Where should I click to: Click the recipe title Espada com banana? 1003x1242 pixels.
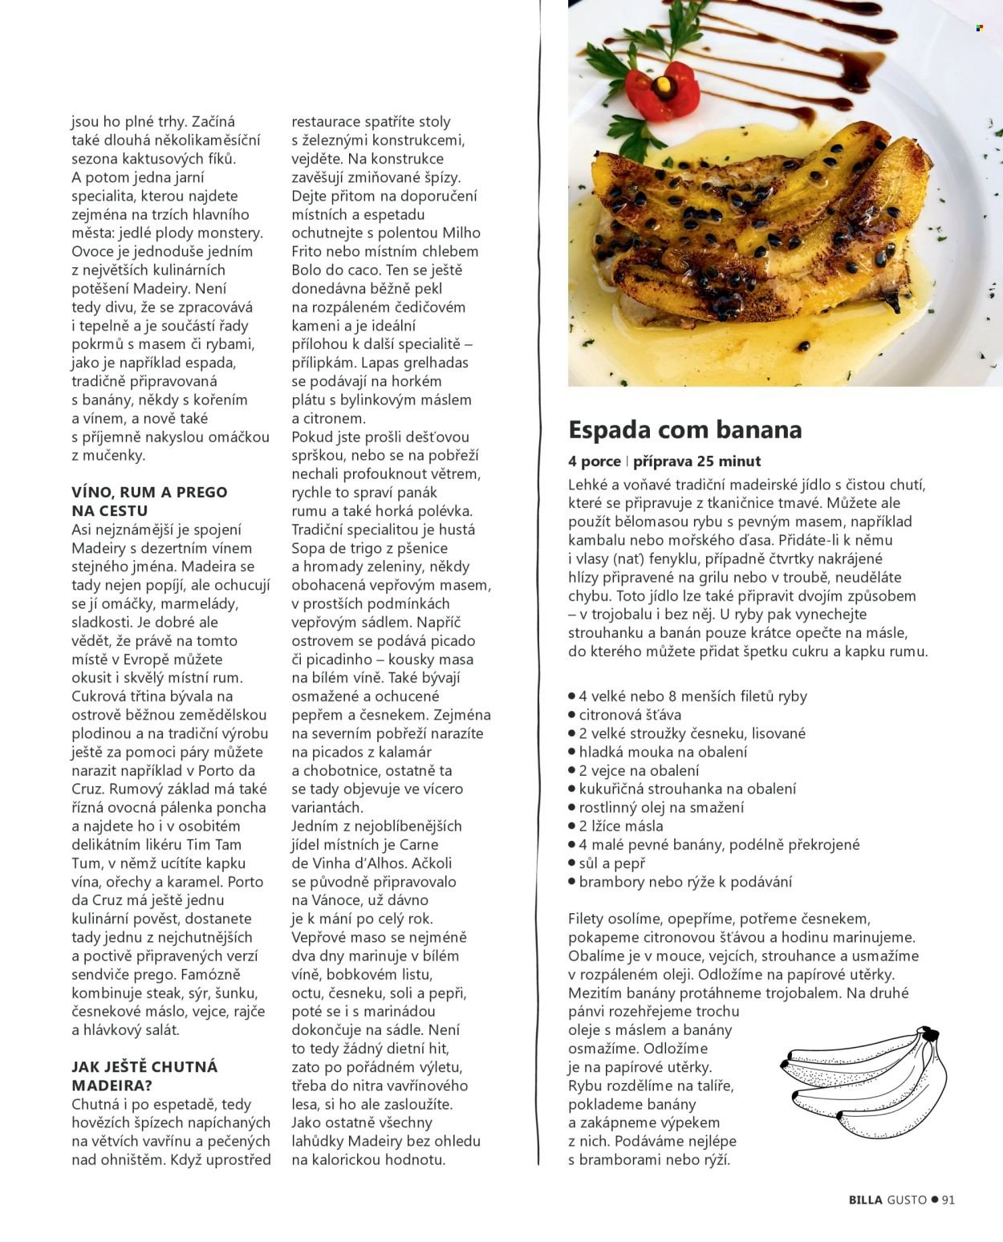684,430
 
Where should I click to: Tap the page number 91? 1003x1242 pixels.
948,1200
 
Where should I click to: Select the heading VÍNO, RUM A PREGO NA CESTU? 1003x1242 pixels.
149,501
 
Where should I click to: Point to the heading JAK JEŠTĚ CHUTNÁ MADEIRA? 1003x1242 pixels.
144,1076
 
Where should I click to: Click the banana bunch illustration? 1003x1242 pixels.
862,1080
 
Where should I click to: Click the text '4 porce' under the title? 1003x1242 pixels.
595,461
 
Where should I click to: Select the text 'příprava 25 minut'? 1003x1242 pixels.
696,461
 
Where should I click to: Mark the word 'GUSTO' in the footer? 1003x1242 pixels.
907,1200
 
